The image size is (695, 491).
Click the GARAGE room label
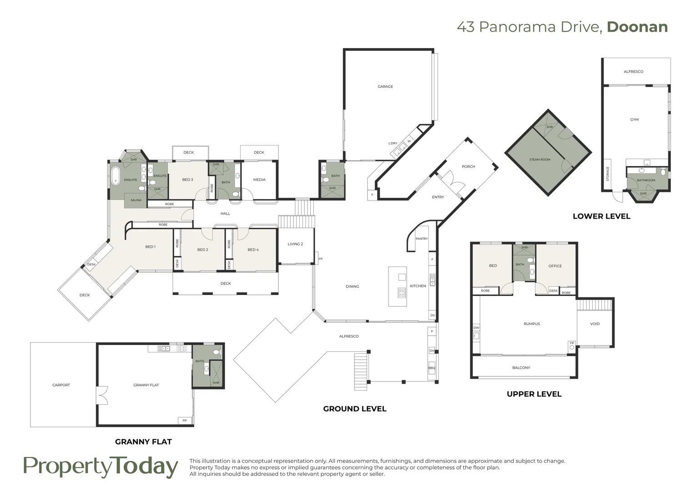tap(385, 86)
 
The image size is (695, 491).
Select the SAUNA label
tap(136, 200)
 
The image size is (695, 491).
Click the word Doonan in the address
tap(637, 27)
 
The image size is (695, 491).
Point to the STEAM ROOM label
tap(540, 160)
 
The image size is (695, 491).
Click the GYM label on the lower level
tap(635, 120)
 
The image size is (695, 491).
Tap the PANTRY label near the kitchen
tap(422, 239)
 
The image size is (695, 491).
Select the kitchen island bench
tap(398, 286)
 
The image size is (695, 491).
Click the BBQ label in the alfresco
tap(432, 368)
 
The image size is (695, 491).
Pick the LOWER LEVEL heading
tap(601, 216)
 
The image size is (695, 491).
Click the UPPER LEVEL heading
tap(534, 394)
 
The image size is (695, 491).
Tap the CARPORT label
tap(61, 385)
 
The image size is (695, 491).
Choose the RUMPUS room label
tap(532, 324)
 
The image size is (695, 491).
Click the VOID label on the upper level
tap(595, 324)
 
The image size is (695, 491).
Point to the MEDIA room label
tap(259, 180)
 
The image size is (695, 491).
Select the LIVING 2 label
tap(295, 244)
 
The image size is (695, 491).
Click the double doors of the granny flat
tap(102, 395)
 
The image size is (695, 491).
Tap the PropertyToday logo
tap(101, 467)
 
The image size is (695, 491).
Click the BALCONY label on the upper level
tap(521, 368)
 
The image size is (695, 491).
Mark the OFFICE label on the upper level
tap(555, 266)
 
